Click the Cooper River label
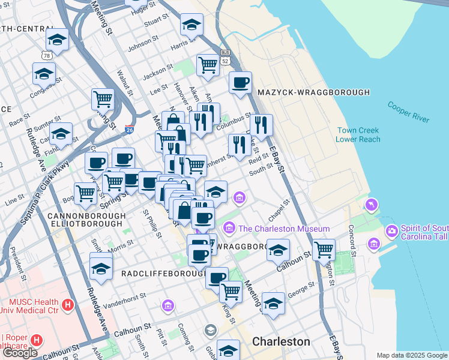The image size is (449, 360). (409, 112)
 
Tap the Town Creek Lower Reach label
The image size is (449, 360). (358, 134)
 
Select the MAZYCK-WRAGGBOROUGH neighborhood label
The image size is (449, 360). (313, 92)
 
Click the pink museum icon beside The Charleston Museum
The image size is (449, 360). (229, 229)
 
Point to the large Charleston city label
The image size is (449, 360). (281, 341)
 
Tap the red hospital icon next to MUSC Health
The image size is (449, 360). (68, 305)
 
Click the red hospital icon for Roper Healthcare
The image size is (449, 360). (37, 340)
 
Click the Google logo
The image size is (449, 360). (19, 353)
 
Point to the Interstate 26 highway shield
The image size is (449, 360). (129, 128)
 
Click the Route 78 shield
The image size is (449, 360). (47, 55)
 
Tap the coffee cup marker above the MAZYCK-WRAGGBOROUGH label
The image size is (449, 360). (240, 82)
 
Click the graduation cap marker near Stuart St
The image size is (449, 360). (191, 25)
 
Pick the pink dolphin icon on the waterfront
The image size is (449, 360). (372, 206)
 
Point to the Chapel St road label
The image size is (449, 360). (279, 211)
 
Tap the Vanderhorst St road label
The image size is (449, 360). (125, 296)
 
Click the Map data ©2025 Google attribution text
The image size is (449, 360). (412, 355)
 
